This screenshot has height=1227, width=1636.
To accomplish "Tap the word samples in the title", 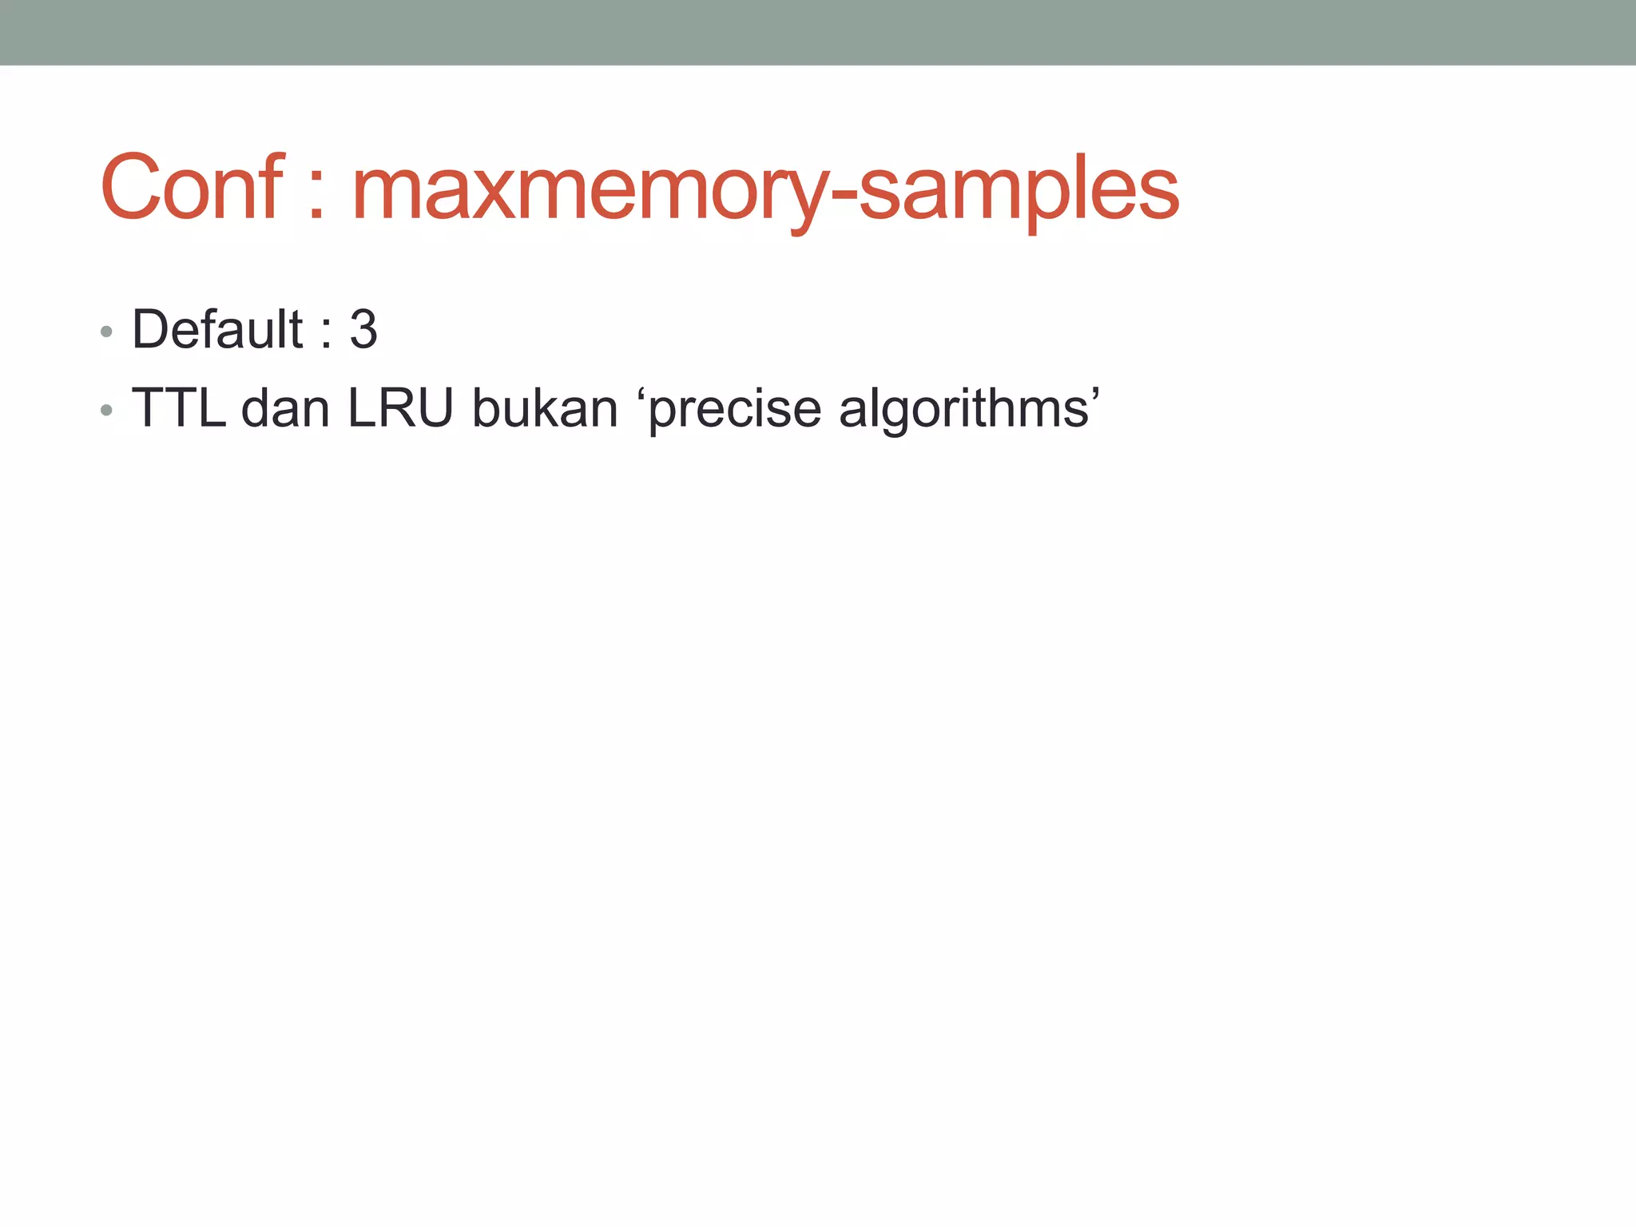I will (1019, 192).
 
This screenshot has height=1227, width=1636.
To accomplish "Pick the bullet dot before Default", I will (106, 332).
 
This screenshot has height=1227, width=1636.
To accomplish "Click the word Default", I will (217, 329).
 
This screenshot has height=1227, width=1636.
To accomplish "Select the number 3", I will (363, 329).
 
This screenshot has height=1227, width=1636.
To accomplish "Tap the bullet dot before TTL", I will (106, 411).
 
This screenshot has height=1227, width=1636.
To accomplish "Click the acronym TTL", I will (178, 408).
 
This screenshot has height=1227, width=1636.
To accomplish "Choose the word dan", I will (285, 408).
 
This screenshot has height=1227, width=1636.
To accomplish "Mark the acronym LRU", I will (400, 408).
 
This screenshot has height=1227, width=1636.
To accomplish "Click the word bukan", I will (545, 408).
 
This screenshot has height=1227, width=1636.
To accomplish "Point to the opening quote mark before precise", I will (641, 393).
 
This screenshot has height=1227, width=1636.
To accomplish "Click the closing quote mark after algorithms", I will (1094, 393).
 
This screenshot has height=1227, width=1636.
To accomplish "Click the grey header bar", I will (818, 32).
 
